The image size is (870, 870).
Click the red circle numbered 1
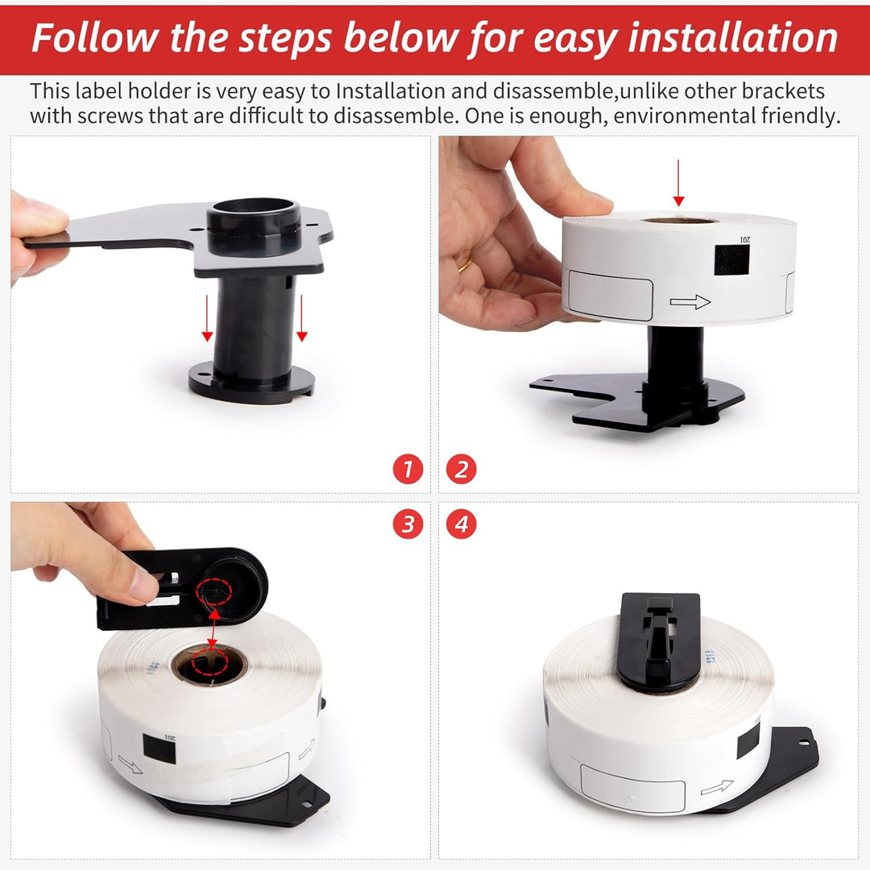click(408, 469)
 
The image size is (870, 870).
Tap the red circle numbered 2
click(461, 469)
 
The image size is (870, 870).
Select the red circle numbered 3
click(408, 524)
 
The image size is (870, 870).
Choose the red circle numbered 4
click(461, 524)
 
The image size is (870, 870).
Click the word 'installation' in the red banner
click(732, 38)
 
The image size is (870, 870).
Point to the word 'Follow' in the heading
click(94, 38)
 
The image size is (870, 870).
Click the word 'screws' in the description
click(110, 116)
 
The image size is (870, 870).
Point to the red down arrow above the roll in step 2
click(678, 183)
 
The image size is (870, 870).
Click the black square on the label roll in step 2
click(731, 259)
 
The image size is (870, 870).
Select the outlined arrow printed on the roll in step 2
click(690, 302)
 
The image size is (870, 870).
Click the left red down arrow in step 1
click(207, 318)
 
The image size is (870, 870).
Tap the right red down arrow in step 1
click(301, 318)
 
